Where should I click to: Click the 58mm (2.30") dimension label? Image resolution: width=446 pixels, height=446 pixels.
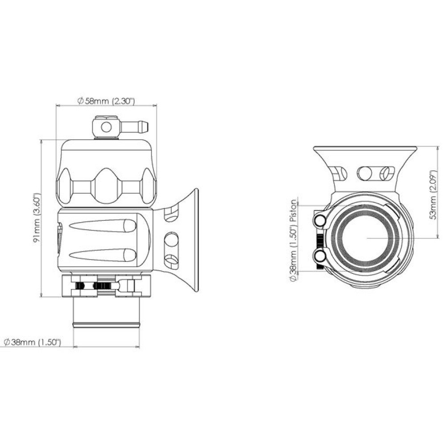click(x=106, y=101)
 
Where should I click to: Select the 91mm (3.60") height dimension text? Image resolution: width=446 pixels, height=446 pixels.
click(x=37, y=218)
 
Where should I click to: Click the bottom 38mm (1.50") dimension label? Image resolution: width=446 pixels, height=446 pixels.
click(x=33, y=342)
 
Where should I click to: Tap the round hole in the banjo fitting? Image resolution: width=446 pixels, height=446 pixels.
click(x=107, y=127)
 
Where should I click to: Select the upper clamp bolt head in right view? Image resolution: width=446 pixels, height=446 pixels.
click(x=321, y=219)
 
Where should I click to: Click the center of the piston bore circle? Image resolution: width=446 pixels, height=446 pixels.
click(x=368, y=238)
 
